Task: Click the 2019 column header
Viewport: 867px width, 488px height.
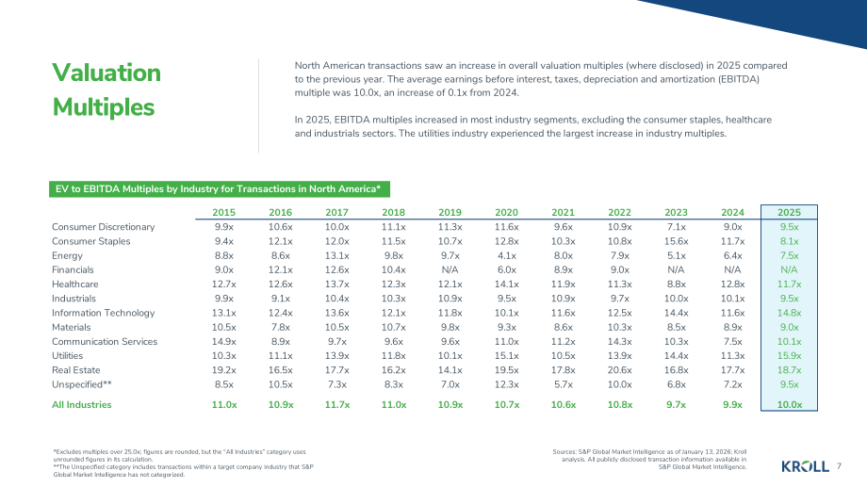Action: pos(450,212)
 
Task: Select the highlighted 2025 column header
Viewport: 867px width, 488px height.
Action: pos(789,212)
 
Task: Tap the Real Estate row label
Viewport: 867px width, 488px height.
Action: pos(75,370)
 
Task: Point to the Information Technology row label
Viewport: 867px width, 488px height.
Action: pos(104,313)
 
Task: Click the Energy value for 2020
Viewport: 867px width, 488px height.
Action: pos(506,255)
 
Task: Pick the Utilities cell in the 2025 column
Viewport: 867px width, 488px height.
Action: pos(789,356)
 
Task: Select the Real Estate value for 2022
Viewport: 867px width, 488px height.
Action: pos(619,370)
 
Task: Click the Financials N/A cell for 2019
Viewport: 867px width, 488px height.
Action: pos(450,269)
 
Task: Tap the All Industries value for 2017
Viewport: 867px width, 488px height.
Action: pos(336,404)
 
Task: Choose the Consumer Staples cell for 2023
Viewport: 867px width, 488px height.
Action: pos(676,241)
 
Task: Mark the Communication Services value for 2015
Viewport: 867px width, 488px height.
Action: pos(224,342)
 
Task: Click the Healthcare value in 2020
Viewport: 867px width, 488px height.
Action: pos(506,285)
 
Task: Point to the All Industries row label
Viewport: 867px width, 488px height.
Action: pos(82,404)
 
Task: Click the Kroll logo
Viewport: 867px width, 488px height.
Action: pos(805,466)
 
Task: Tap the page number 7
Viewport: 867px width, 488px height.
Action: pos(840,466)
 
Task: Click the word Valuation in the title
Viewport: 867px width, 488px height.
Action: pos(106,73)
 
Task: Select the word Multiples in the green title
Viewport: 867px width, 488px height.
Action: pos(104,107)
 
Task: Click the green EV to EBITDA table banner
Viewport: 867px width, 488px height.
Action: pos(220,189)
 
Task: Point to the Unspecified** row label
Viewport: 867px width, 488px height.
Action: pos(82,384)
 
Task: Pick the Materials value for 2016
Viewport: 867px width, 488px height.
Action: pos(280,327)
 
